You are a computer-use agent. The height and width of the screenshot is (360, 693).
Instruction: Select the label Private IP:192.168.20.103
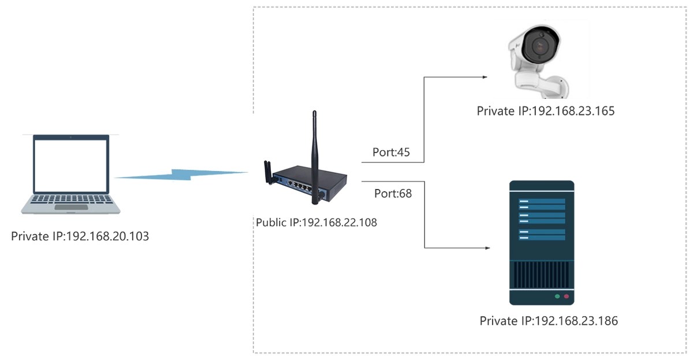[x=80, y=236]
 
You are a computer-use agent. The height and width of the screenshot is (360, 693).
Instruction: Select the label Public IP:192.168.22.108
[x=316, y=222]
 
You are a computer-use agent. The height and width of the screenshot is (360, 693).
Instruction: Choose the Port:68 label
[x=393, y=193]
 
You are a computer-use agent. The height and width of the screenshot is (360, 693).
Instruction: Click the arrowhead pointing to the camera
[x=487, y=76]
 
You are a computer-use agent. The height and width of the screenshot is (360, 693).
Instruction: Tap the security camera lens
[x=540, y=49]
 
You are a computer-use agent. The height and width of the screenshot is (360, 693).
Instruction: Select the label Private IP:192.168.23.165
[x=545, y=111]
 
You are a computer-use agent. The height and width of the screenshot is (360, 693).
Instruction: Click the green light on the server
[x=557, y=296]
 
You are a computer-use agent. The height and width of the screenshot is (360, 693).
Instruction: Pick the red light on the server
[x=567, y=296]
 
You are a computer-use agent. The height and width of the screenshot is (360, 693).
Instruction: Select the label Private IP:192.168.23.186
[x=549, y=321]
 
